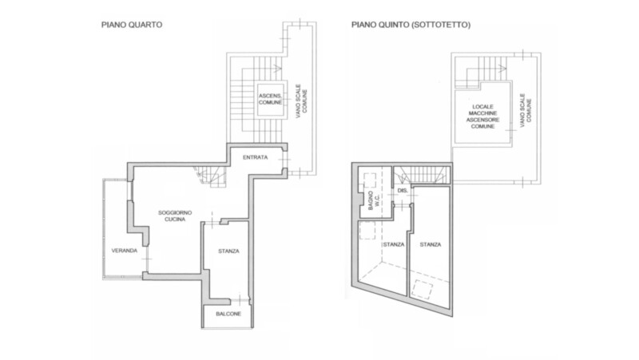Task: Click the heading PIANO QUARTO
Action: click(x=132, y=25)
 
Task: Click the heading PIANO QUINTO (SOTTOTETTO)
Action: click(x=411, y=25)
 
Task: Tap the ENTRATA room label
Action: click(x=255, y=157)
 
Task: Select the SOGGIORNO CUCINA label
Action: click(x=175, y=216)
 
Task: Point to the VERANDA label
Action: click(x=125, y=251)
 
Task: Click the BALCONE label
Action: click(x=228, y=314)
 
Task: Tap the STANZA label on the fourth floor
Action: click(x=228, y=251)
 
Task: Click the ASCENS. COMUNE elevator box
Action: click(x=270, y=99)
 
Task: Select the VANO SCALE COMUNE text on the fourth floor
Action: click(x=302, y=101)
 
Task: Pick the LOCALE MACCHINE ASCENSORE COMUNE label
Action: click(x=483, y=117)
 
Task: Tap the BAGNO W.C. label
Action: click(x=374, y=200)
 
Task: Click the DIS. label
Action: click(x=403, y=191)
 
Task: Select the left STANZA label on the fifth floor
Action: click(x=394, y=244)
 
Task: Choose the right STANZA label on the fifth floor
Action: click(x=431, y=244)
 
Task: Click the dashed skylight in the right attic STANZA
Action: click(x=423, y=290)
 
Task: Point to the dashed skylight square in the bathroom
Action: click(x=370, y=180)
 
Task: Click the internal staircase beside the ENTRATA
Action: click(x=211, y=176)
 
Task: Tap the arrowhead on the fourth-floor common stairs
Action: click(x=277, y=69)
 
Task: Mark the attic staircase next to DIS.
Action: click(x=422, y=175)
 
